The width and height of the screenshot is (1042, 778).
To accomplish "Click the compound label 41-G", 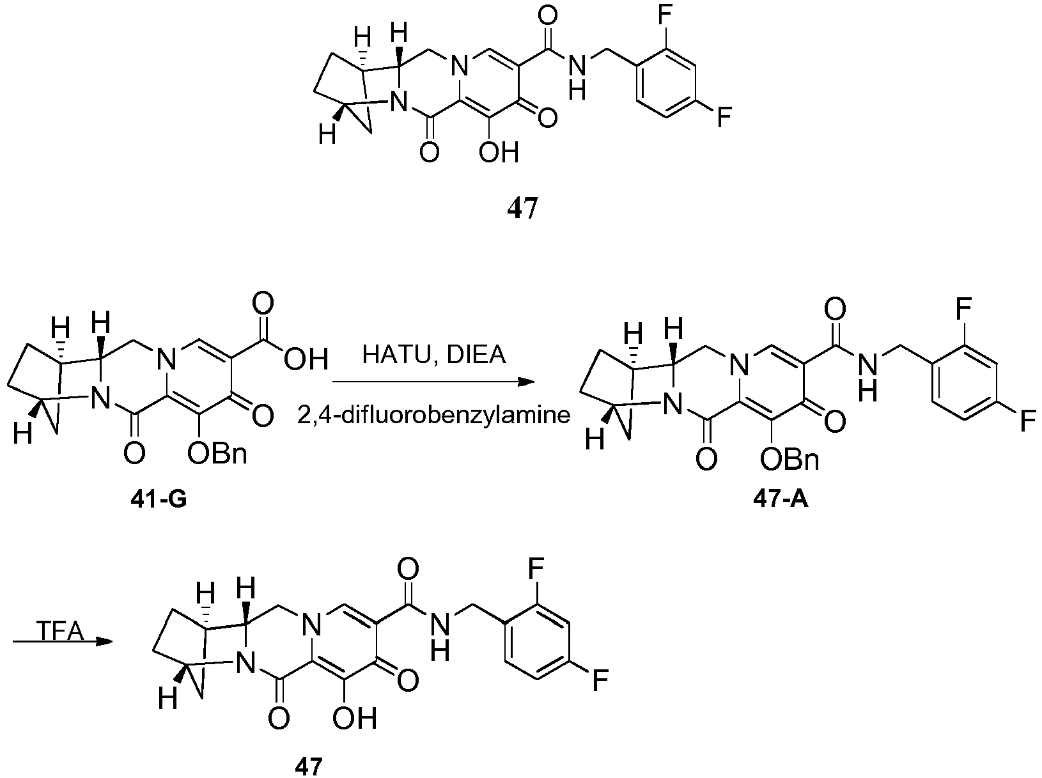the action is point(159,500).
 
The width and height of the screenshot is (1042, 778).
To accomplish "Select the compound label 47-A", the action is point(781,500).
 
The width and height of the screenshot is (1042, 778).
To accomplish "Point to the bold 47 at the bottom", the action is point(309,766).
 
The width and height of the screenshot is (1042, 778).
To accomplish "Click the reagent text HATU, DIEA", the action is point(434,355).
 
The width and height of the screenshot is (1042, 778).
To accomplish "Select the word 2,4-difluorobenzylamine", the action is point(433,415).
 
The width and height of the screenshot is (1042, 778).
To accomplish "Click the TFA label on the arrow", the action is point(60,632).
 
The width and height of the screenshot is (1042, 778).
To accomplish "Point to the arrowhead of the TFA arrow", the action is point(104,642).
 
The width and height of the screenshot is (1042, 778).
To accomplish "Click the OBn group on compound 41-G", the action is point(217,453).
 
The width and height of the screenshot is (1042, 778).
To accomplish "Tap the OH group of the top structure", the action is point(499,153).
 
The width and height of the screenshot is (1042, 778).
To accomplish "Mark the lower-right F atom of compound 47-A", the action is point(1028,421).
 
